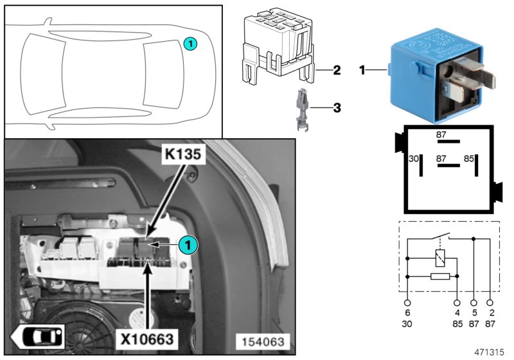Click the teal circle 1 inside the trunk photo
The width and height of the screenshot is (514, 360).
[187, 244]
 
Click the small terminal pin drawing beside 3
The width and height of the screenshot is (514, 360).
[299, 110]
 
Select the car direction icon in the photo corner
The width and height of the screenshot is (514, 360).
[38, 336]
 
